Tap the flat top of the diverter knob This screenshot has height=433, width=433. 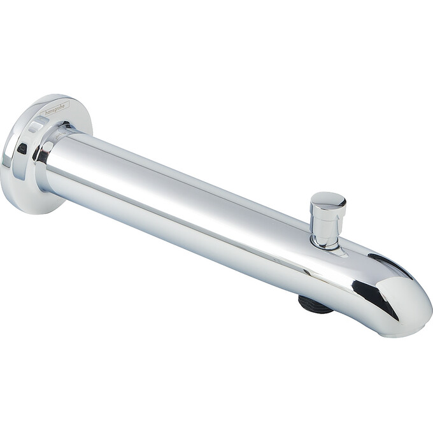pyautogui.click(x=329, y=199)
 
